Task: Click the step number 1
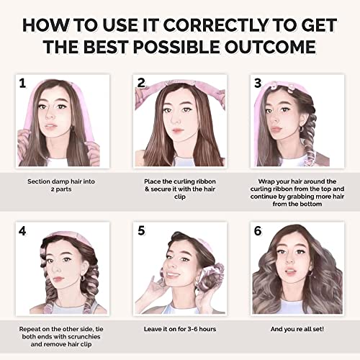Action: coord(22,84)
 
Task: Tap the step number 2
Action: coord(141,83)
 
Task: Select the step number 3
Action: coord(258,83)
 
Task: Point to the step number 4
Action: coord(22,231)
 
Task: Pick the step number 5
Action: coord(141,230)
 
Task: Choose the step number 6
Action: coord(258,231)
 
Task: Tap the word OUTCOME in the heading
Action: coord(270,47)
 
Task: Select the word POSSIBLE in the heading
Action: coord(176,47)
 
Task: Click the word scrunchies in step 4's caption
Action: coord(84,336)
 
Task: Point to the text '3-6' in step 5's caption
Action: coord(188,329)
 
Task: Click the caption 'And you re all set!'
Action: coord(297,329)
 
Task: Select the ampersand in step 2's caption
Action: coord(147,189)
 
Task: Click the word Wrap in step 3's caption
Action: coord(266,181)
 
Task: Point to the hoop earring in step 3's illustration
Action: coord(302,129)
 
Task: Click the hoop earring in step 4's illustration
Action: coord(82,278)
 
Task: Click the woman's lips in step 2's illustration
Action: coord(177,131)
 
